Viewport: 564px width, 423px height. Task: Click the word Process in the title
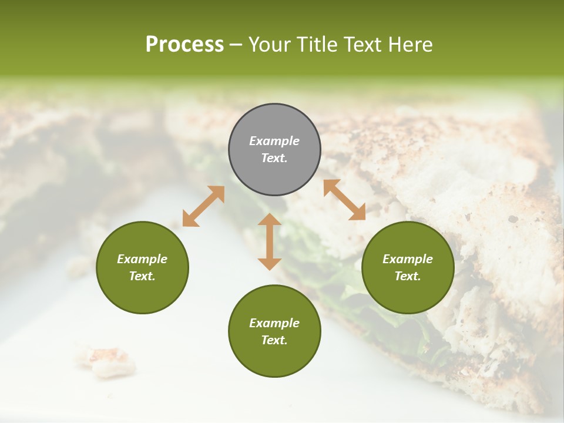click(x=184, y=45)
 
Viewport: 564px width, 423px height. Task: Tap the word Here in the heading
click(x=410, y=45)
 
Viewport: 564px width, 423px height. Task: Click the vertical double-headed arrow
click(x=270, y=241)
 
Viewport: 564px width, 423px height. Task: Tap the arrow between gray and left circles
click(x=203, y=206)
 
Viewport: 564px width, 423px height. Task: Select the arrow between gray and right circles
click(x=344, y=200)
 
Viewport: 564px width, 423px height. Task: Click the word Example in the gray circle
click(x=274, y=141)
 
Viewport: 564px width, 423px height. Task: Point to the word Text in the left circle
click(x=142, y=276)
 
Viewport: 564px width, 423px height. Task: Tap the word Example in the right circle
click(x=408, y=259)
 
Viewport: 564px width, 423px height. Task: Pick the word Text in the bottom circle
click(x=274, y=340)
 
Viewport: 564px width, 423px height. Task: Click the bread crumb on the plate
click(x=106, y=360)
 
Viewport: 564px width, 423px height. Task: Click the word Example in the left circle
click(x=142, y=259)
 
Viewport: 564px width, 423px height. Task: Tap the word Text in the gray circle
click(x=274, y=158)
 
